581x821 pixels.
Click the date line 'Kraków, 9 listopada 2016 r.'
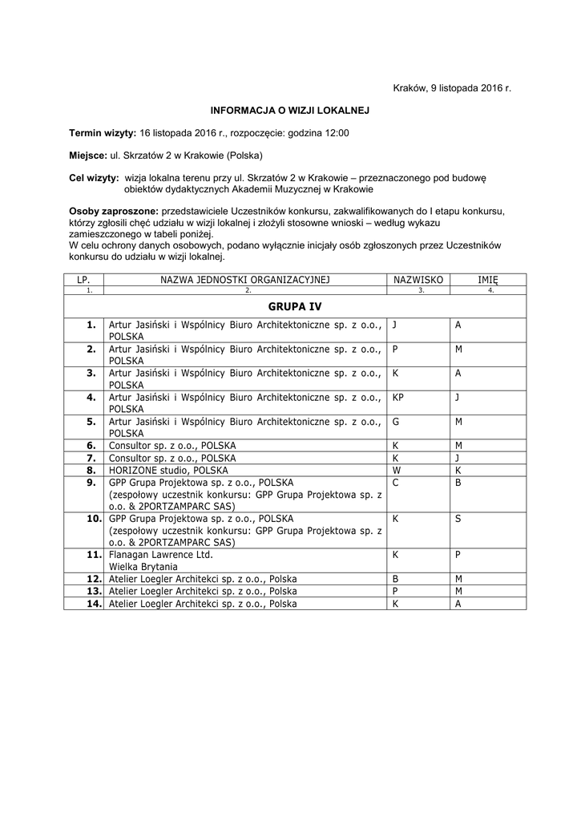(x=452, y=87)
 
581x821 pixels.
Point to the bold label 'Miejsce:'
(x=88, y=155)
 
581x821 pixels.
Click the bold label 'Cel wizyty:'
(x=94, y=177)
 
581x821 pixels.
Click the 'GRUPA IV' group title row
(x=295, y=306)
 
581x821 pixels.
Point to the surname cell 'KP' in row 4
(x=398, y=396)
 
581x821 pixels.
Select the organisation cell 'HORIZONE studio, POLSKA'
(x=168, y=470)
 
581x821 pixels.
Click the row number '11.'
(x=92, y=554)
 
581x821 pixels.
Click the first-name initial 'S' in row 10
(x=458, y=519)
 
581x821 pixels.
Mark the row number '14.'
(x=92, y=604)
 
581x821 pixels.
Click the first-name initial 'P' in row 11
(x=458, y=554)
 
